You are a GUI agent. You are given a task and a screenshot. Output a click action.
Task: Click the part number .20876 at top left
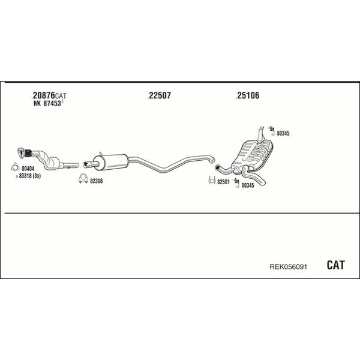pos(43,95)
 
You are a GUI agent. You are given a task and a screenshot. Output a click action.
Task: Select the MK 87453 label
pos(47,103)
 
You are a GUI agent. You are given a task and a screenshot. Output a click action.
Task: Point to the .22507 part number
pos(160,95)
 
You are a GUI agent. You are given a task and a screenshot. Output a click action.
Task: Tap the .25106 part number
pos(247,95)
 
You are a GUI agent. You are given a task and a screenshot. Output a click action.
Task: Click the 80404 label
pos(28,169)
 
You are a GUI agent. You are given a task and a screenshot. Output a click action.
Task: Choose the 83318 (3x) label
pos(29,176)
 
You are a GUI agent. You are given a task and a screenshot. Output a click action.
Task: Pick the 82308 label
pos(96,181)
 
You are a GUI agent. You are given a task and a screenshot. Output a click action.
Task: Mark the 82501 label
pos(223,182)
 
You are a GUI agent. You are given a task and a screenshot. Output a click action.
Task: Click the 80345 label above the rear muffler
pos(283,133)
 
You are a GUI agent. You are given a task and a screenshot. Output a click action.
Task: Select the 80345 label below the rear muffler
pos(248,185)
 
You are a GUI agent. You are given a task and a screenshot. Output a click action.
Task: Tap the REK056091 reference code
pos(288,267)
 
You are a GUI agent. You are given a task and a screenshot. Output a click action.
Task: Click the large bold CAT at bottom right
pos(335,265)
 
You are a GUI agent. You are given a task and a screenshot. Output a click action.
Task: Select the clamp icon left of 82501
pos(212,181)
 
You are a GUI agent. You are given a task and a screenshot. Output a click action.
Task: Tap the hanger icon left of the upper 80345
pos(272,130)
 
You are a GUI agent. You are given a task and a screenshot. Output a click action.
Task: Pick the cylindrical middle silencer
pos(110,162)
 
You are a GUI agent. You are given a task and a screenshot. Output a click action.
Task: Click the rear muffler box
pos(253,154)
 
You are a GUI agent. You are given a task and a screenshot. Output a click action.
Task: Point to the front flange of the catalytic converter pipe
pos(21,152)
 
